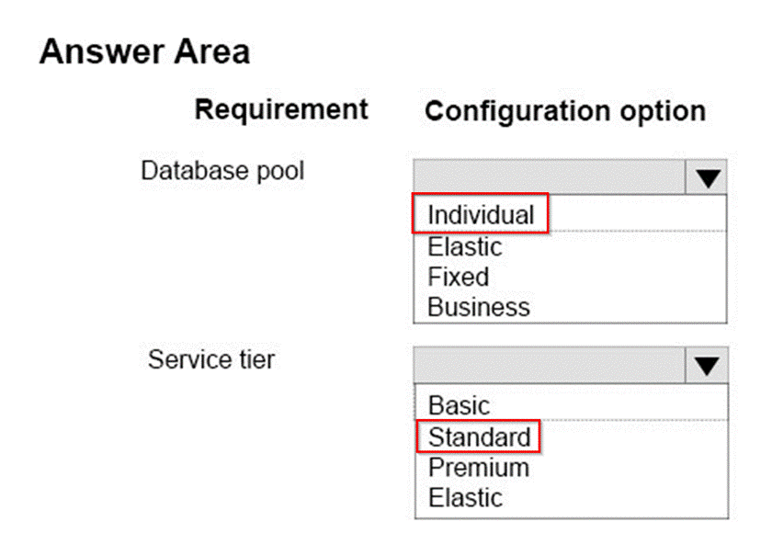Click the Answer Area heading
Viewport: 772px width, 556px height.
click(x=145, y=51)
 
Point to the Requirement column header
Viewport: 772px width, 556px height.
click(x=281, y=109)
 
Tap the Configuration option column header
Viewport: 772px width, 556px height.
click(x=565, y=111)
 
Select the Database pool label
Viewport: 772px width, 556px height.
click(x=222, y=171)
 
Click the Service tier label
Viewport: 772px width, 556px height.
click(x=211, y=359)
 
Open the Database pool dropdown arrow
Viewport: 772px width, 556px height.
click(x=707, y=177)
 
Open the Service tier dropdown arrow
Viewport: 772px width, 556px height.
click(x=707, y=366)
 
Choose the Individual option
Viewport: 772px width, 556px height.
click(x=481, y=215)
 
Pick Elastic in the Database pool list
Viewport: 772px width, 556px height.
click(x=465, y=246)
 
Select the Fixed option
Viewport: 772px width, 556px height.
click(x=459, y=277)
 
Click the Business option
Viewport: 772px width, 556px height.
click(x=479, y=307)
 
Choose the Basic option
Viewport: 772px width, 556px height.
click(x=459, y=406)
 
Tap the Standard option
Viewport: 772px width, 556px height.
click(x=480, y=437)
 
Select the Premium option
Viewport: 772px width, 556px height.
click(x=479, y=468)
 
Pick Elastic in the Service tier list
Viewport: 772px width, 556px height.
click(x=465, y=498)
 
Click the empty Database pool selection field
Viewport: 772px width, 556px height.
click(x=550, y=176)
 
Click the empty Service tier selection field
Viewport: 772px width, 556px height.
click(x=550, y=365)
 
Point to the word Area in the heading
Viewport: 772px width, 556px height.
click(x=211, y=51)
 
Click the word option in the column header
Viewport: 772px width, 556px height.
click(x=664, y=112)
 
